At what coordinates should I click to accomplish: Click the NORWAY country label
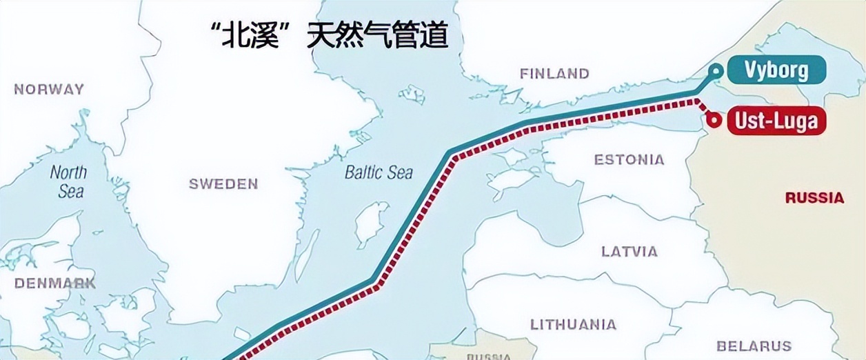tap(49, 89)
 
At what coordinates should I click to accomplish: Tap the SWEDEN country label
tap(223, 183)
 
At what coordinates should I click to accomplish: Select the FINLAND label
tap(554, 73)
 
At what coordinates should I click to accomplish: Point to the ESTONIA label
tap(629, 160)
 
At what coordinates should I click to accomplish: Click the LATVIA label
tap(629, 251)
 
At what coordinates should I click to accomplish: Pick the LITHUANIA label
tap(573, 324)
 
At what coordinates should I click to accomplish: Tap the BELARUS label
tap(754, 346)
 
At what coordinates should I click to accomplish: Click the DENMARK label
tap(54, 283)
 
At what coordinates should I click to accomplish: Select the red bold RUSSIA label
tap(814, 198)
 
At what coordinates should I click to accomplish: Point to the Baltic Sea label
tap(379, 172)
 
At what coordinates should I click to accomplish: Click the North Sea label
tap(69, 181)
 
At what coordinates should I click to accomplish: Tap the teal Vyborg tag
tap(776, 70)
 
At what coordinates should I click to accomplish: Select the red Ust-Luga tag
tap(776, 121)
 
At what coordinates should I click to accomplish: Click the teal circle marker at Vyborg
tap(717, 70)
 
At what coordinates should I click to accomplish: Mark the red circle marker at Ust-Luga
tap(714, 120)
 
